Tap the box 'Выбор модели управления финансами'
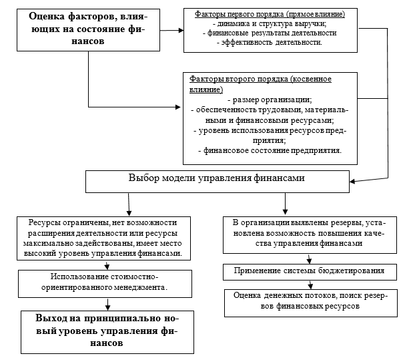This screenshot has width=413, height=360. point(217,179)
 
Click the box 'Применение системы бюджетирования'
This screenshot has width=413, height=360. point(309,271)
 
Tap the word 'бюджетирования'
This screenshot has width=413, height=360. point(350,271)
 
